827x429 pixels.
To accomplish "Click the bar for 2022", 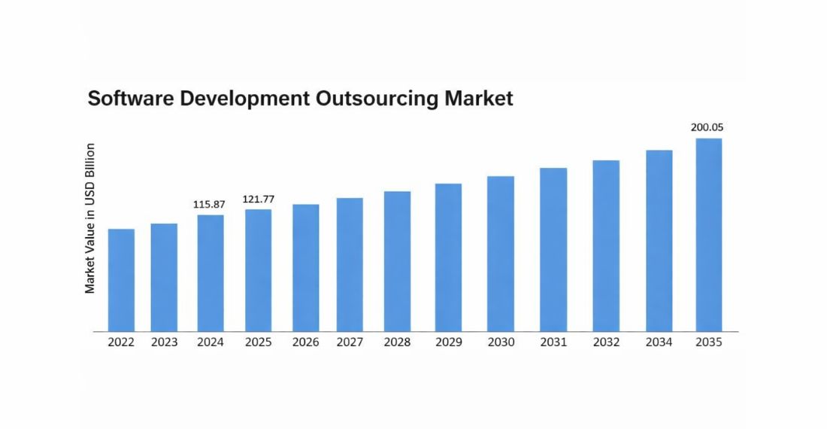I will (x=121, y=280).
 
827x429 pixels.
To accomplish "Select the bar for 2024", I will (x=211, y=273).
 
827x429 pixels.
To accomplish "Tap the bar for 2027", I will (x=350, y=264).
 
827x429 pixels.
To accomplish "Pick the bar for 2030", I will (x=501, y=254).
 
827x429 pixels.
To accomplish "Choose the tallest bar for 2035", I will (x=708, y=235).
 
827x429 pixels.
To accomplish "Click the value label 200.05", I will (x=707, y=127).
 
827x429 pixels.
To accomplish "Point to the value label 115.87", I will (x=210, y=204).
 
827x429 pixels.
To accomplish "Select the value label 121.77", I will (x=258, y=199).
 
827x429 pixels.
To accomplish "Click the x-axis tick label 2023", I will (x=164, y=342).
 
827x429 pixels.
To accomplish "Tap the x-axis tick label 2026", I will (x=305, y=342).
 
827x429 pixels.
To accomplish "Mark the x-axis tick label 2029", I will (x=449, y=342).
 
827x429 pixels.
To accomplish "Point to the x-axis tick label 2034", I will (x=659, y=342).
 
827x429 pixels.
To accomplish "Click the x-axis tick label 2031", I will (x=553, y=342).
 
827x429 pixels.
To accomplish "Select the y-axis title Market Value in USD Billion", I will (x=90, y=218).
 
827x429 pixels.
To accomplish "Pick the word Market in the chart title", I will (x=478, y=99).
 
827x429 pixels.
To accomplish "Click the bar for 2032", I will (x=606, y=245).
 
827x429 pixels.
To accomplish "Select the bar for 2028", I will (x=397, y=261).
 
